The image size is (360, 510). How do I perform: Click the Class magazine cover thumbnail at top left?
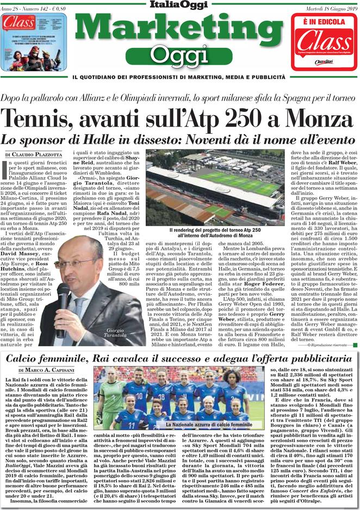pyautogui.click(x=33, y=41)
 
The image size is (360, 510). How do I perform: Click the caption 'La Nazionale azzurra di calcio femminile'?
pyautogui.click(x=209, y=424)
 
